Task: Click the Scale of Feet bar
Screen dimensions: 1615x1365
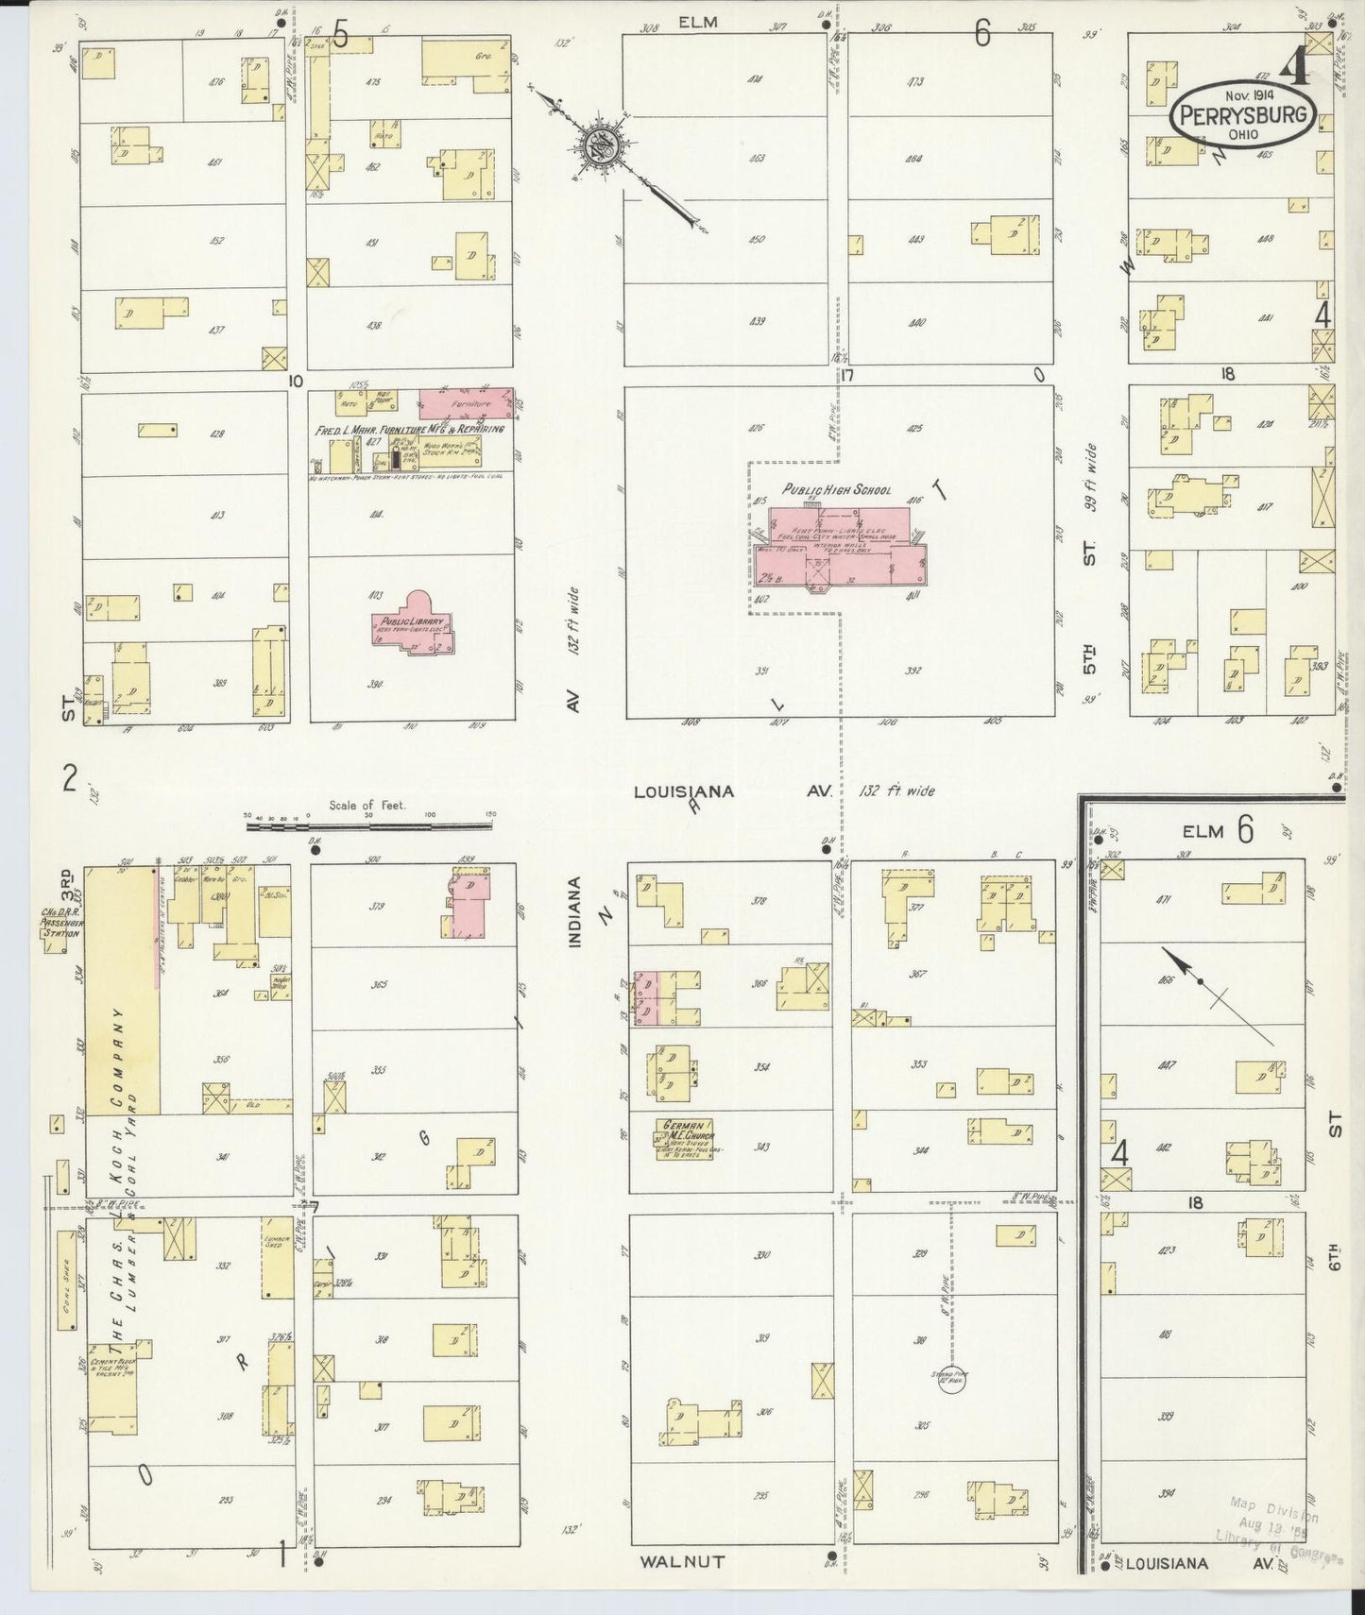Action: (x=368, y=825)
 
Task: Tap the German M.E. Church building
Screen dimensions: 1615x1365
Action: (x=687, y=1137)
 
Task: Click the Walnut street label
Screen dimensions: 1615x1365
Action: (x=681, y=1561)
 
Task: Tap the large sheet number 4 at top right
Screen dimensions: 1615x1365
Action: (x=1295, y=65)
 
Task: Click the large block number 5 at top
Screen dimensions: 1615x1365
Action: (x=340, y=36)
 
